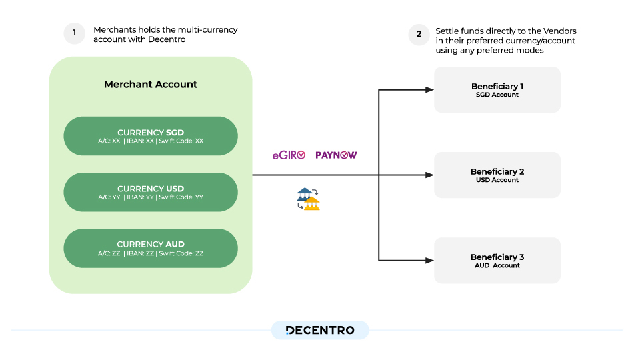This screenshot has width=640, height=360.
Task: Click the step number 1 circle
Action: [74, 33]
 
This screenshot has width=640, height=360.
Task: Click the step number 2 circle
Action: [419, 34]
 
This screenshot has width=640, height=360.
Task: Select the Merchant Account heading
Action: [151, 85]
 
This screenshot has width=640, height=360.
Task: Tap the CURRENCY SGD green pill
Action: [151, 136]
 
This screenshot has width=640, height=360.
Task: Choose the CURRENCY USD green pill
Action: [151, 192]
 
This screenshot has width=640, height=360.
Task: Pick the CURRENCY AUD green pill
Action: [151, 248]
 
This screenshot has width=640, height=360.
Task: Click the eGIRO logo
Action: [288, 155]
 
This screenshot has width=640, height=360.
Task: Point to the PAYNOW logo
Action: [336, 155]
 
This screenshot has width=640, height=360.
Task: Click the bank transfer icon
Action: [308, 199]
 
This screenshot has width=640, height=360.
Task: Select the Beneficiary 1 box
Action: [497, 89]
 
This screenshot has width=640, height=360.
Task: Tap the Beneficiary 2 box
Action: [497, 175]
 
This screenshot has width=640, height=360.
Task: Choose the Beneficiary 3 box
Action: [497, 260]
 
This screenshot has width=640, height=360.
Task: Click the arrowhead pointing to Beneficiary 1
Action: [429, 89]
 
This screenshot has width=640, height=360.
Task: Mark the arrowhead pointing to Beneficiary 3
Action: [429, 260]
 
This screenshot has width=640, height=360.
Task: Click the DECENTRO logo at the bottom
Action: [320, 330]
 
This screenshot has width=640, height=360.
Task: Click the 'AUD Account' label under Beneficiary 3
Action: [497, 265]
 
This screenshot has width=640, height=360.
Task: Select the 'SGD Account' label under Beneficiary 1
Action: [497, 95]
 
